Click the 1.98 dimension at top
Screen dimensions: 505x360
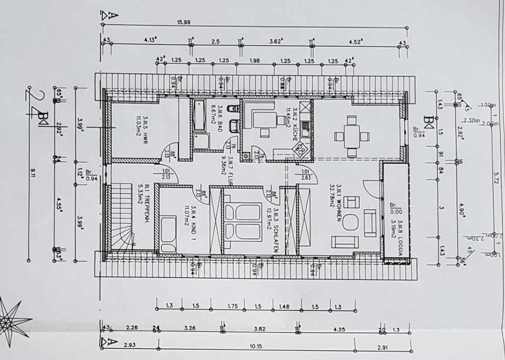tap(255, 60)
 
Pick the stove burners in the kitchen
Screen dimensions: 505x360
tap(302, 149)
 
